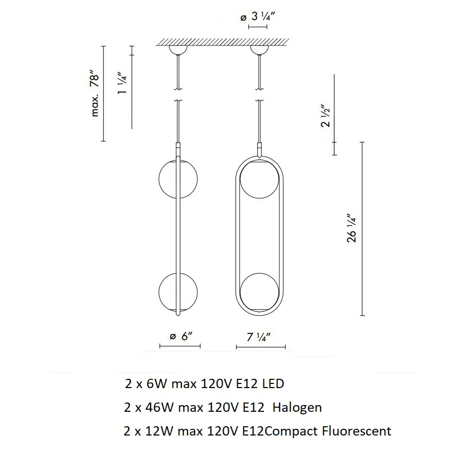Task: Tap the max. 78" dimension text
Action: point(94,94)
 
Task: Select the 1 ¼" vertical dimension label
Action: point(122,83)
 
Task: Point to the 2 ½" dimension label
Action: point(325,116)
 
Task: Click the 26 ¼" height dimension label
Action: point(351,228)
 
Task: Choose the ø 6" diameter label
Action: point(180,336)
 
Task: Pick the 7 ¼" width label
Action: point(258,337)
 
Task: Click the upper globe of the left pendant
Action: point(178,179)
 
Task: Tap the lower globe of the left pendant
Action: point(178,292)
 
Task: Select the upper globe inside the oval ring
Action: point(260,179)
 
